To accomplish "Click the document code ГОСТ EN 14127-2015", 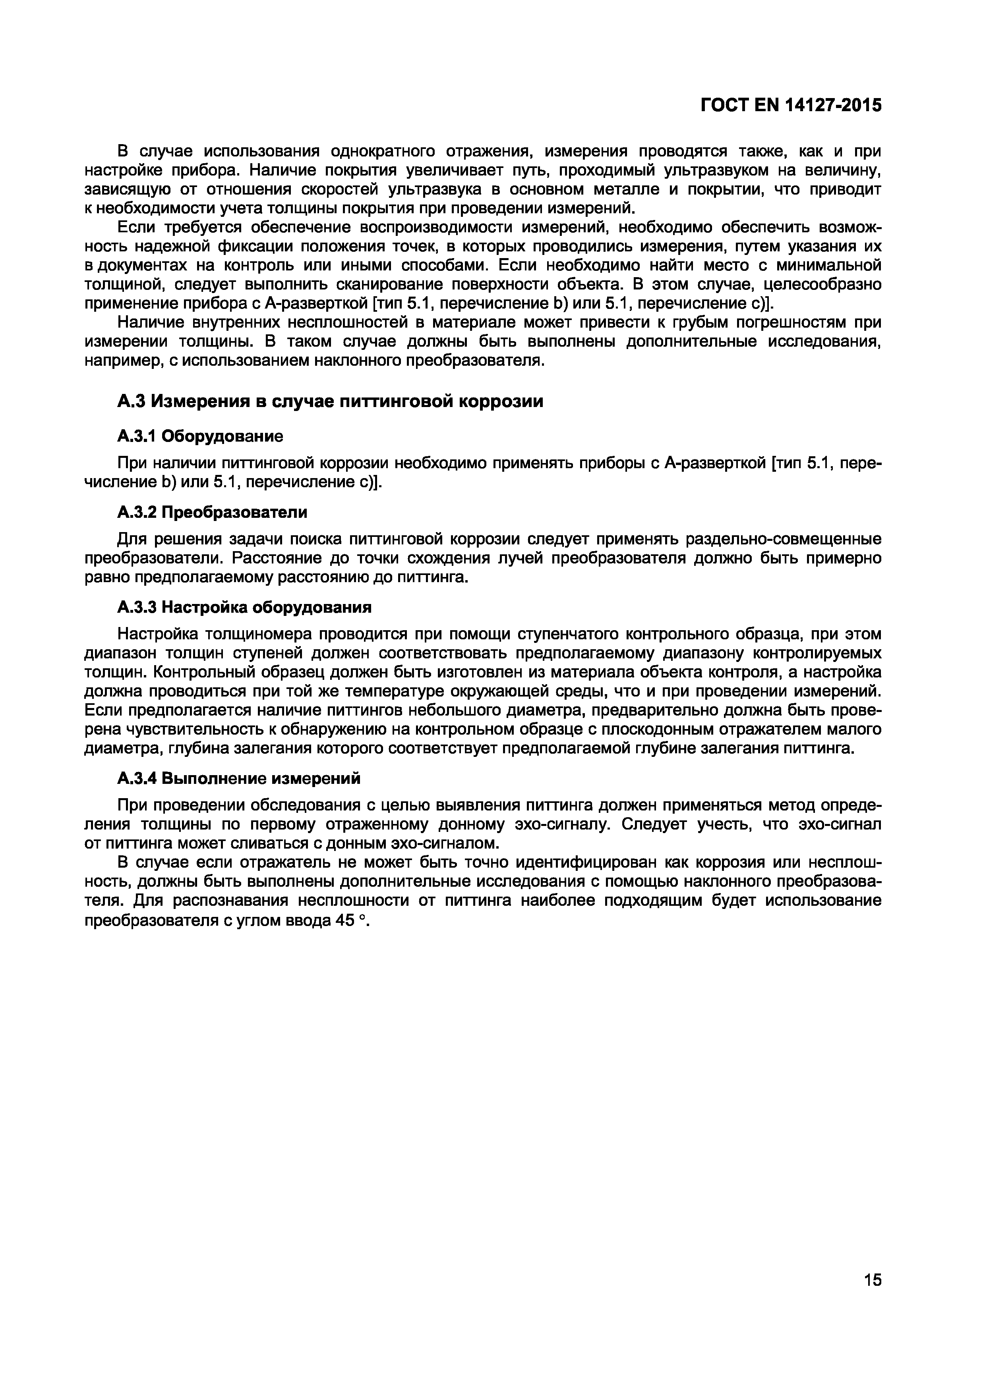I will tap(790, 106).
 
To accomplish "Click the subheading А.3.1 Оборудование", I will tap(200, 436).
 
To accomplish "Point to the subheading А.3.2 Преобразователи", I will tap(212, 512).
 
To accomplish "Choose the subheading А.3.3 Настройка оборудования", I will tap(244, 607).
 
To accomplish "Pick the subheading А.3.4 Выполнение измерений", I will tap(238, 778).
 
